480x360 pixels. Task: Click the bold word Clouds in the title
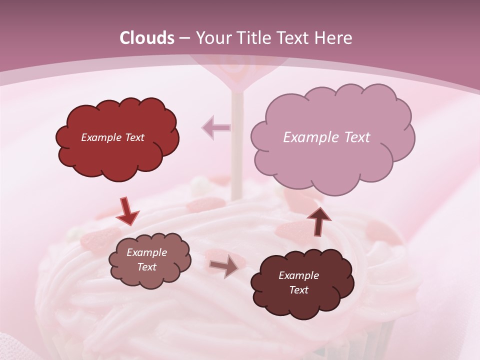click(147, 38)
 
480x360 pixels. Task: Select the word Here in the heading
click(333, 38)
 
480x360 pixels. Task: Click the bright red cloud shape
click(117, 137)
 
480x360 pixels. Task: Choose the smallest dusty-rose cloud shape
click(149, 260)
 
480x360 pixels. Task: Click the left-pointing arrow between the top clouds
click(216, 128)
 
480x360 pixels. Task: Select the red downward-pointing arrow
click(127, 211)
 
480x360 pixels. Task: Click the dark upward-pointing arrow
click(318, 221)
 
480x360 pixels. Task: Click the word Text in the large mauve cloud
click(354, 137)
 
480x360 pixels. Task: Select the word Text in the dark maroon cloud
click(298, 290)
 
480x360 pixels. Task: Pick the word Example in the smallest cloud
click(146, 252)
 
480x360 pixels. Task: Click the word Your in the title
click(211, 38)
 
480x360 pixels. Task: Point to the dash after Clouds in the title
click(184, 38)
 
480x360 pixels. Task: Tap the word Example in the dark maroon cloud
click(298, 275)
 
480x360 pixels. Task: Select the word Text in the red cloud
click(134, 137)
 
